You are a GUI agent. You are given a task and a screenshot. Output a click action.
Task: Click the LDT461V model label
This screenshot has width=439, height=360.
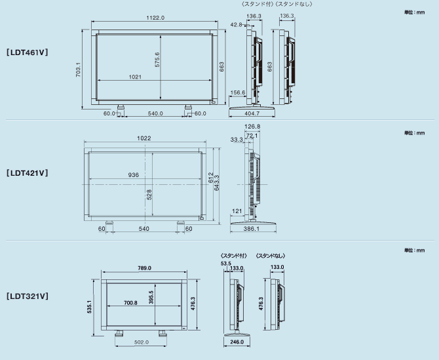coord(27,52)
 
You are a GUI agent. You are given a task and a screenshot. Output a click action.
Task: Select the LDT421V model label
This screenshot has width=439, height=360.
coord(27,173)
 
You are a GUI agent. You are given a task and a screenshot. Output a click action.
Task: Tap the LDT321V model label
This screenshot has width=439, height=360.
coord(27,296)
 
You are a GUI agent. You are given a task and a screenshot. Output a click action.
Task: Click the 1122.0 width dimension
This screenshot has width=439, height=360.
coord(155,18)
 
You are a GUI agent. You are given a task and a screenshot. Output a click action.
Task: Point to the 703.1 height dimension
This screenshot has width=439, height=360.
coord(78,70)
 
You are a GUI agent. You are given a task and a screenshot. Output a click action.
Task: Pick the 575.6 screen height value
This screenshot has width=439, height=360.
coord(157,60)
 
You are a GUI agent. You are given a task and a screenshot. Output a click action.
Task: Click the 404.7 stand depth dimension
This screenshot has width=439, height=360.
coord(252,113)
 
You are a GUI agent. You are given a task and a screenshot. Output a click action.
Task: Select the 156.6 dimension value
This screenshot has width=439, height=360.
coord(238,92)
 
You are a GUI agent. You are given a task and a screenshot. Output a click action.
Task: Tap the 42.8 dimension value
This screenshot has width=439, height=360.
coord(236,25)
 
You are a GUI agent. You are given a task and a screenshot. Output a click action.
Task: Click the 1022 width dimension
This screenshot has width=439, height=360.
coord(144,138)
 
